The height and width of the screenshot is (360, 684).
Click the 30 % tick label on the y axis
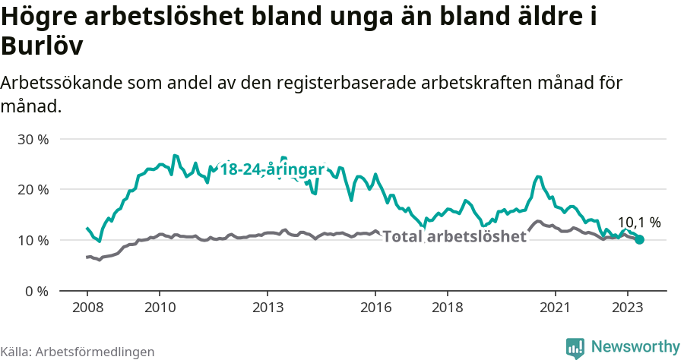(x=33, y=139)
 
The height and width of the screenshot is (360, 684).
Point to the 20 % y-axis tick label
(x=33, y=189)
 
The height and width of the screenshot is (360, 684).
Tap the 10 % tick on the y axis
(x=33, y=240)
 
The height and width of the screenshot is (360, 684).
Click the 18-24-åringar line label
(x=272, y=169)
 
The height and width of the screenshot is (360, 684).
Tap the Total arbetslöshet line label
(x=454, y=236)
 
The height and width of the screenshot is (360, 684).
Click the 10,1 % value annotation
(x=638, y=222)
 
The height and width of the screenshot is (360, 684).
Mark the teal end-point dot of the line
(x=639, y=239)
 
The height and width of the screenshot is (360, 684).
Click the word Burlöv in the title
(x=42, y=47)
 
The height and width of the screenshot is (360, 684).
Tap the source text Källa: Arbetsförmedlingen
(x=78, y=352)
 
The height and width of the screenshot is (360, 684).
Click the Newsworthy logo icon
(x=575, y=347)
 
